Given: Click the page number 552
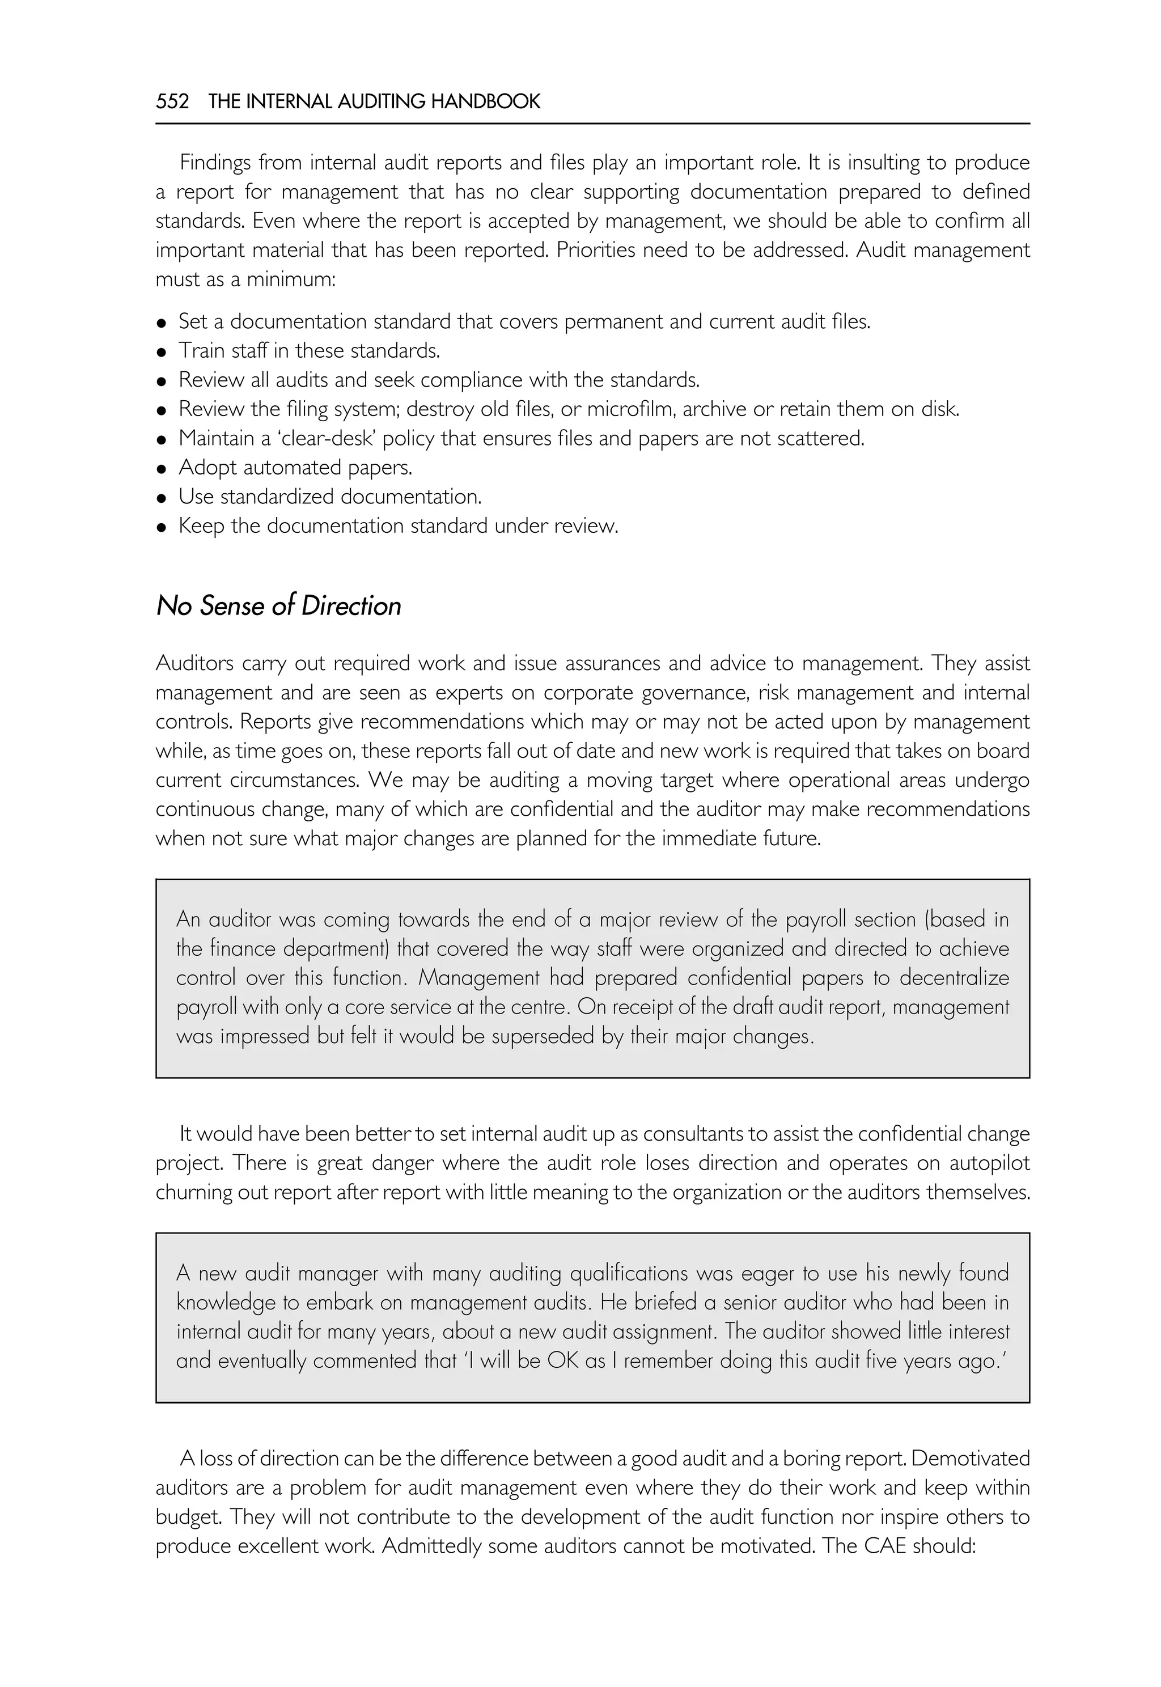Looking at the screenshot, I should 172,101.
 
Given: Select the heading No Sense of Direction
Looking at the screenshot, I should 278,606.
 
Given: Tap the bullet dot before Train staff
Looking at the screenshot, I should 162,352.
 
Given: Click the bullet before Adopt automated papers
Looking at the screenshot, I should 162,468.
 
